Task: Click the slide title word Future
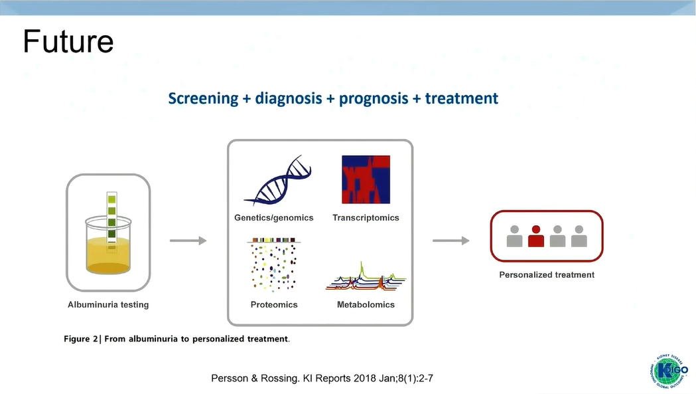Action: coord(68,41)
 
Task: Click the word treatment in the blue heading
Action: coord(461,98)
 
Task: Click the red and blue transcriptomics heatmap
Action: coord(366,179)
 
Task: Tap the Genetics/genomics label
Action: coord(274,217)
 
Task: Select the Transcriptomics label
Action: coord(366,217)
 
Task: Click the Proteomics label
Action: coord(274,304)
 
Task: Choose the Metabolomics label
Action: coord(366,304)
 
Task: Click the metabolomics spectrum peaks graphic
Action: coord(366,278)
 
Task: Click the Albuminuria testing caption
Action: coord(108,304)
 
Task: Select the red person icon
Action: coord(536,236)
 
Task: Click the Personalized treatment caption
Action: coord(547,274)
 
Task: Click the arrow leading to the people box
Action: coord(447,241)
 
